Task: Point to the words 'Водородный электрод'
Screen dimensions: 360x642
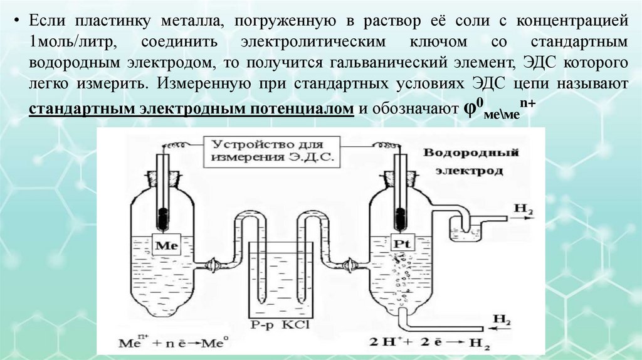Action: click(x=470, y=161)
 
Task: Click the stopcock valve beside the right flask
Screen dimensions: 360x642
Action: click(x=352, y=265)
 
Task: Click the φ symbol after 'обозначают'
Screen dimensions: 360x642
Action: click(x=469, y=108)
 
